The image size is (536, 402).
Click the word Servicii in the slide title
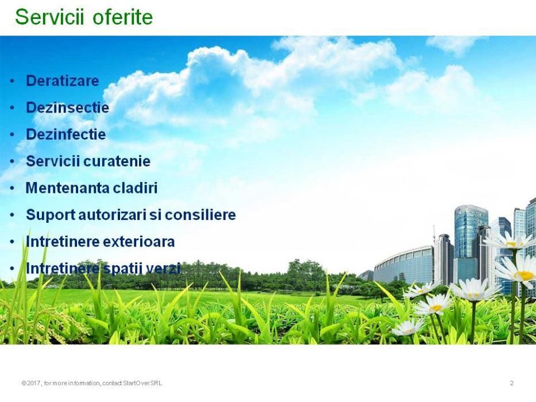pyautogui.click(x=49, y=17)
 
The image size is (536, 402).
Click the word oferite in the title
pyautogui.click(x=123, y=17)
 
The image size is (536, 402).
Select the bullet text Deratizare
pyautogui.click(x=62, y=80)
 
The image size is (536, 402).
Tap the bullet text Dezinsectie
pyautogui.click(x=67, y=107)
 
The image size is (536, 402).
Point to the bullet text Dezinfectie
pyautogui.click(x=65, y=134)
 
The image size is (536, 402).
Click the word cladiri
pyautogui.click(x=135, y=188)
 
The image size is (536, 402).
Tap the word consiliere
pyautogui.click(x=200, y=215)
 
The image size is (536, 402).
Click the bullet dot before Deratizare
pyautogui.click(x=12, y=82)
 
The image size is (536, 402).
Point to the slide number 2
pyautogui.click(x=511, y=383)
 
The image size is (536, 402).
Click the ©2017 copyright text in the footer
pyautogui.click(x=31, y=383)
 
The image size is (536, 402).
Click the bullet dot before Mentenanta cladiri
pyautogui.click(x=12, y=188)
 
